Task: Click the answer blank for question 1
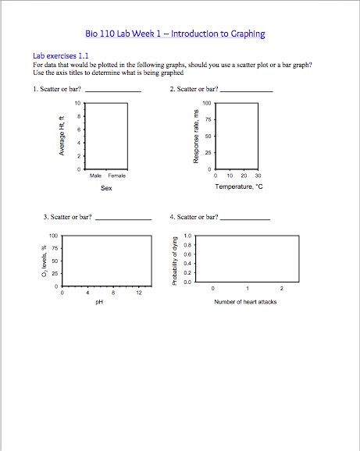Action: click(x=113, y=91)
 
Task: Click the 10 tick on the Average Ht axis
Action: click(x=77, y=103)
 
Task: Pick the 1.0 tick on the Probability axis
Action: click(x=187, y=236)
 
